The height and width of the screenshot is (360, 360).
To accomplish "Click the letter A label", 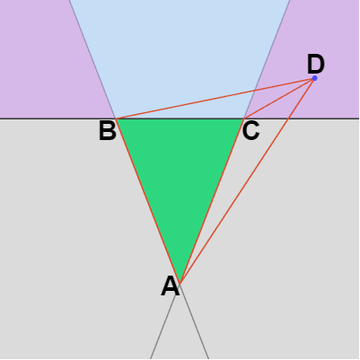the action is pyautogui.click(x=171, y=286).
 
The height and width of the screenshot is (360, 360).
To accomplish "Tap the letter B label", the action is pyautogui.click(x=108, y=131).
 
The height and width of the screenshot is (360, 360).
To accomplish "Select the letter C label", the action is pyautogui.click(x=250, y=131).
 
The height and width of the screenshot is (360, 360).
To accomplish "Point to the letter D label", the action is pyautogui.click(x=316, y=65).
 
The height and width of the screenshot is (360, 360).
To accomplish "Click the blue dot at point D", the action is pyautogui.click(x=314, y=78).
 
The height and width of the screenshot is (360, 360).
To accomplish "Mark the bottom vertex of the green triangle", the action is pyautogui.click(x=180, y=283).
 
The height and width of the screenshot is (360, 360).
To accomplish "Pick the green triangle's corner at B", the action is pyautogui.click(x=116, y=119).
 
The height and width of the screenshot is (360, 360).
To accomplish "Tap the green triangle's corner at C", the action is pyautogui.click(x=243, y=119).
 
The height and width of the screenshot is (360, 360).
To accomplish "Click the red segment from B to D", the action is pyautogui.click(x=215, y=99).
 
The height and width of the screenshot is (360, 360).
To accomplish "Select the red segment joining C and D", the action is pyautogui.click(x=279, y=99).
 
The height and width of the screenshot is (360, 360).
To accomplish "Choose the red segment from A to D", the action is pyautogui.click(x=247, y=180).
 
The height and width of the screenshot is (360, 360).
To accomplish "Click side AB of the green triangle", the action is pyautogui.click(x=148, y=201).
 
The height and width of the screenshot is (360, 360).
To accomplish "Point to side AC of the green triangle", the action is pyautogui.click(x=212, y=201).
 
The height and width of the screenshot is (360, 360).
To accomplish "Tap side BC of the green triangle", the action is pyautogui.click(x=180, y=119).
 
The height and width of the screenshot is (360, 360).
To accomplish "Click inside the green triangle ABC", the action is pyautogui.click(x=180, y=173).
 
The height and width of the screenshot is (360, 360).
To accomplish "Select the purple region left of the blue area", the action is pyautogui.click(x=45, y=60).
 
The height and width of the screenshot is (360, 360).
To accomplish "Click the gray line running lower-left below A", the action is pyautogui.click(x=165, y=321).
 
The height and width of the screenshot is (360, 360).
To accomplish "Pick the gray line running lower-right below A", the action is pyautogui.click(x=194, y=321).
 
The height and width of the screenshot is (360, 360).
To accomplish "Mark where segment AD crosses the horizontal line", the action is pyautogui.click(x=287, y=119).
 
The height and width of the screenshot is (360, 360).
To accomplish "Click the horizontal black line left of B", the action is pyautogui.click(x=58, y=119).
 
